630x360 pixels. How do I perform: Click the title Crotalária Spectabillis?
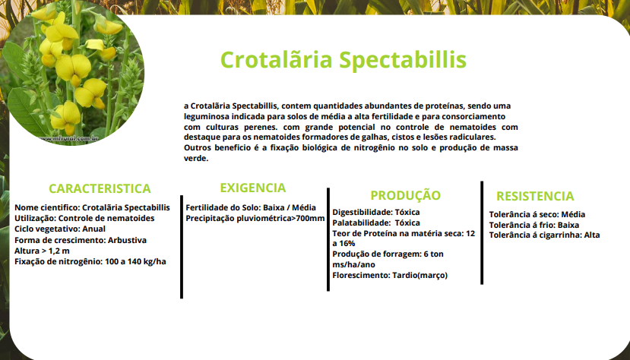[343, 59]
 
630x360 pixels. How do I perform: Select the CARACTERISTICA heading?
[100, 188]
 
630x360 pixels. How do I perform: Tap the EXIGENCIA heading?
[253, 188]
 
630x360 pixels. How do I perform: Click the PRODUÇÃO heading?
[405, 195]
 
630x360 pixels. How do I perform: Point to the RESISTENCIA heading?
[535, 196]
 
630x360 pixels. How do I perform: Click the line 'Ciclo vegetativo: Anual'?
[61, 229]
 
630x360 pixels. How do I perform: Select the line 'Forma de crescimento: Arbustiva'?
[81, 240]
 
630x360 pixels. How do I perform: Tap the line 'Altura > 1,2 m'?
[43, 251]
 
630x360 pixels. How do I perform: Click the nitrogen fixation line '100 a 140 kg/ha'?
[135, 261]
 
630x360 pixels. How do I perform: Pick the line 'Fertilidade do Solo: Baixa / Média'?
[251, 207]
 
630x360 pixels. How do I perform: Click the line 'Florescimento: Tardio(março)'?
[390, 275]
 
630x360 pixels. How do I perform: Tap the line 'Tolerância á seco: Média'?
[537, 214]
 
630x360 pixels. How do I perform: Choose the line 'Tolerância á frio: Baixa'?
[534, 225]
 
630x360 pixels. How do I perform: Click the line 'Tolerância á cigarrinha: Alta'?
[544, 235]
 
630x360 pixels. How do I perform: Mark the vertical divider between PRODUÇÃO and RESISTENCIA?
[482, 232]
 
